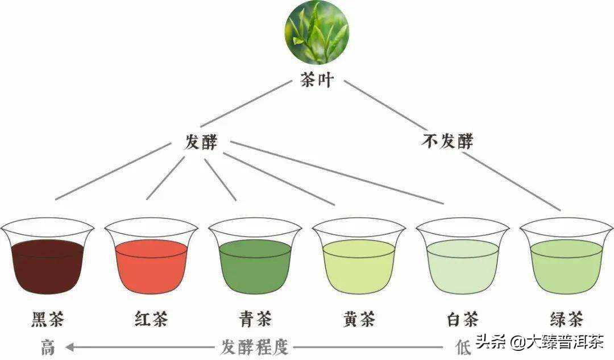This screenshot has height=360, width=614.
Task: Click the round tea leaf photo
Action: [317, 32]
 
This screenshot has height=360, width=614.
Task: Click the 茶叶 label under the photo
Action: [317, 80]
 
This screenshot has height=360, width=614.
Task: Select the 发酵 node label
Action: [201, 142]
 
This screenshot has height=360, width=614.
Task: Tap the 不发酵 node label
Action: [447, 140]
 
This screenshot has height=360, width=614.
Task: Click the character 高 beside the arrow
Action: [48, 346]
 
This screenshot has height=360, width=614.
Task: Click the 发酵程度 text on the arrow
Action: [254, 346]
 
